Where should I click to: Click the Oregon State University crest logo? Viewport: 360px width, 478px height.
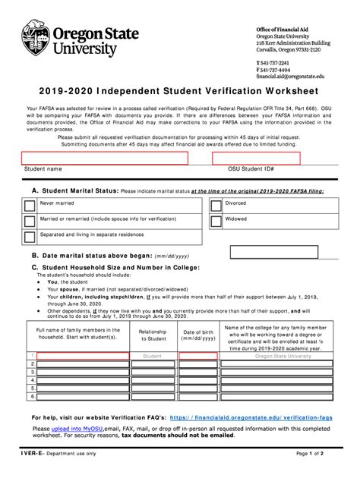pyautogui.click(x=36, y=38)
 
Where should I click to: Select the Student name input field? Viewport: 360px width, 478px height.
pyautogui.click(x=105, y=158)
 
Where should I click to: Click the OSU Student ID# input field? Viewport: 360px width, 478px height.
pyautogui.click(x=257, y=158)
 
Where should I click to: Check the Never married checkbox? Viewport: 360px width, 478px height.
pyautogui.click(x=29, y=205)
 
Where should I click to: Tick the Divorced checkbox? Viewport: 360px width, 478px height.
pyautogui.click(x=215, y=204)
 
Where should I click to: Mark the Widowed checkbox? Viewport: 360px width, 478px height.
pyautogui.click(x=215, y=219)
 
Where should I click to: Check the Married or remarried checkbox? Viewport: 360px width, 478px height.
pyautogui.click(x=29, y=220)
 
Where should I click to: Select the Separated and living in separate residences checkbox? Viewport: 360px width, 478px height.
pyautogui.click(x=29, y=236)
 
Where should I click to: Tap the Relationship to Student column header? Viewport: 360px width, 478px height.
pyautogui.click(x=153, y=335)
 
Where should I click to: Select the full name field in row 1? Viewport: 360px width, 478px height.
pyautogui.click(x=84, y=355)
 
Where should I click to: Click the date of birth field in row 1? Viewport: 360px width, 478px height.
pyautogui.click(x=197, y=355)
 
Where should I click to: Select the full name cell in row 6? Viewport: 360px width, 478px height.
pyautogui.click(x=84, y=396)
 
